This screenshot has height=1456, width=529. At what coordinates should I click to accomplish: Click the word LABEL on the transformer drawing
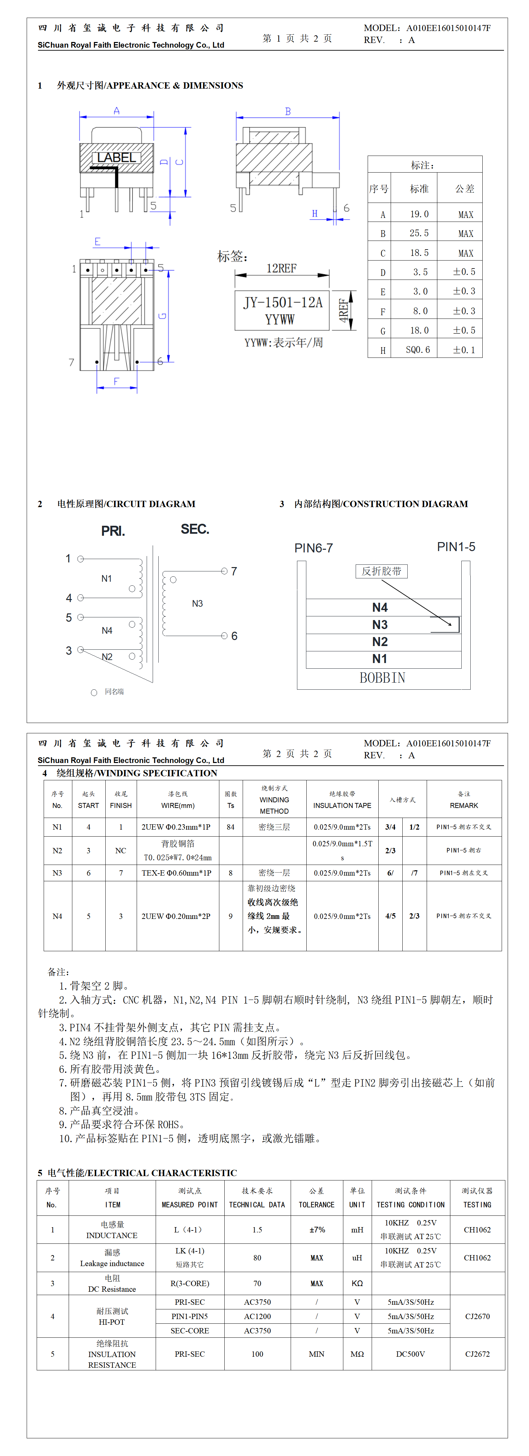tap(117, 158)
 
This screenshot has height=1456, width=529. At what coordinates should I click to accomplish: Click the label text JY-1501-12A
tap(282, 303)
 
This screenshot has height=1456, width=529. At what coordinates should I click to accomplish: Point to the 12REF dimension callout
tap(281, 269)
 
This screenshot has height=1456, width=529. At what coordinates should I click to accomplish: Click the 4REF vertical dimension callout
tap(343, 310)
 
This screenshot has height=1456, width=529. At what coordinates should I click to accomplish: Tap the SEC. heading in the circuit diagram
tap(195, 529)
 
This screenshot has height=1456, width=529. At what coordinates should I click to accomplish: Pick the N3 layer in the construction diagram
tap(380, 625)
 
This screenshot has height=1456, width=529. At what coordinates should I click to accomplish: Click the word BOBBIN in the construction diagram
tap(382, 678)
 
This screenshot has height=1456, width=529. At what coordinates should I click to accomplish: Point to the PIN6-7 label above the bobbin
tap(313, 548)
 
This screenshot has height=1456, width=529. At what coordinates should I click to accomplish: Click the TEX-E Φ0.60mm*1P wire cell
tap(177, 873)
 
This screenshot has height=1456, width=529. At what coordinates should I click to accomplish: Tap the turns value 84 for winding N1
tap(230, 827)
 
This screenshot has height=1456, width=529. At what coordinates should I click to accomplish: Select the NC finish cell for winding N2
tap(121, 851)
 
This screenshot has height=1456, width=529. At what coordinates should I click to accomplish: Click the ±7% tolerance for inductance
tap(317, 1230)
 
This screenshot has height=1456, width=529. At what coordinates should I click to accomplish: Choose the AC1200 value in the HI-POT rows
tap(257, 1316)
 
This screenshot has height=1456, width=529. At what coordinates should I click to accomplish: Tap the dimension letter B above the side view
tap(288, 112)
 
